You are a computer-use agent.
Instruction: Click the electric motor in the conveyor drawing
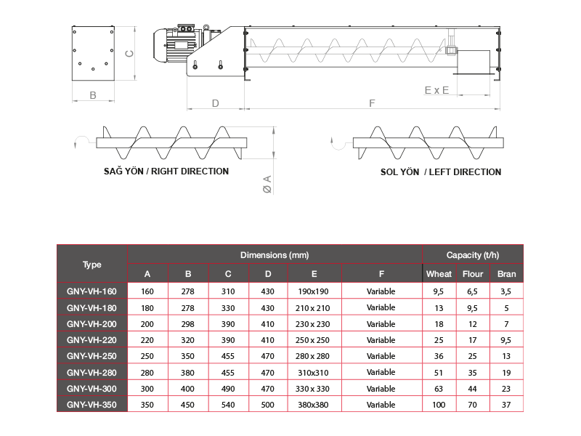pos(178,45)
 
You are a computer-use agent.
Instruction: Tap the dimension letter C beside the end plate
pos(129,54)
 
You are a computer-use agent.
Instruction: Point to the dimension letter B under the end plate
pos(93,95)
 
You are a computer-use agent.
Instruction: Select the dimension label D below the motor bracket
pos(215,103)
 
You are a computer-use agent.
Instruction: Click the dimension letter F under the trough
pos(372,103)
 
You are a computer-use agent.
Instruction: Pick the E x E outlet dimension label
pos(436,90)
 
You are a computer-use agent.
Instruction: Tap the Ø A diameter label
pos(267,185)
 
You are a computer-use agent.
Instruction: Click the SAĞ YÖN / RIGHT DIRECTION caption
pos(166,171)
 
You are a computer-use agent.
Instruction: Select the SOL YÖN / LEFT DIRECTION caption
pos(441,171)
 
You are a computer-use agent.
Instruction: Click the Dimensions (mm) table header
pos(275,255)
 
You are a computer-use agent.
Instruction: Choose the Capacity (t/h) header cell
pos(473,255)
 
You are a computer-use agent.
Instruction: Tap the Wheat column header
pos(439,274)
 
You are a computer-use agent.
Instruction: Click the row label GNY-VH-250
pos(92,356)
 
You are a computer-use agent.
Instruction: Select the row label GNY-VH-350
pos(92,405)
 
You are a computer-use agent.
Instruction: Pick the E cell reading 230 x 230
pos(312,324)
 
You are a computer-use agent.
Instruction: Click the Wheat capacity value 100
pos(439,405)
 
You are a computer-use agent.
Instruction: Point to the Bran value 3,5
pos(505,291)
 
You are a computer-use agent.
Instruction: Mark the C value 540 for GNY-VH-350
pos(228,405)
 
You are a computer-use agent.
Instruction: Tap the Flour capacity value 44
pos(472,389)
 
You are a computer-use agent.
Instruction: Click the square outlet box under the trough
pos(474,62)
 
